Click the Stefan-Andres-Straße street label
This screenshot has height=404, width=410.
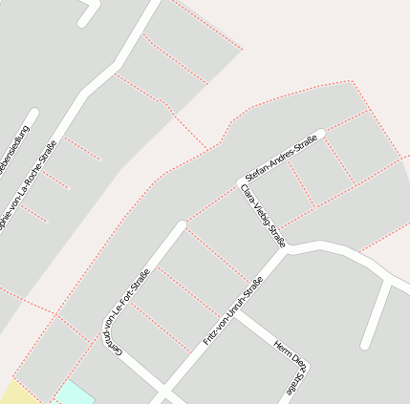pyautogui.click(x=280, y=159)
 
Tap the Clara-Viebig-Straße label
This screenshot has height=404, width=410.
pyautogui.click(x=265, y=215)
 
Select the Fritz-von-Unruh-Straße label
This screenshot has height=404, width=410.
pyautogui.click(x=233, y=310)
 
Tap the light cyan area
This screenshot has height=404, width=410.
pyautogui.click(x=75, y=393)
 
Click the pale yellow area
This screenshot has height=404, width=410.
pyautogui.click(x=17, y=393)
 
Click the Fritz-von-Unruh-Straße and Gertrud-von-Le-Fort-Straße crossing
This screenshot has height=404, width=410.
pyautogui.click(x=164, y=393)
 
